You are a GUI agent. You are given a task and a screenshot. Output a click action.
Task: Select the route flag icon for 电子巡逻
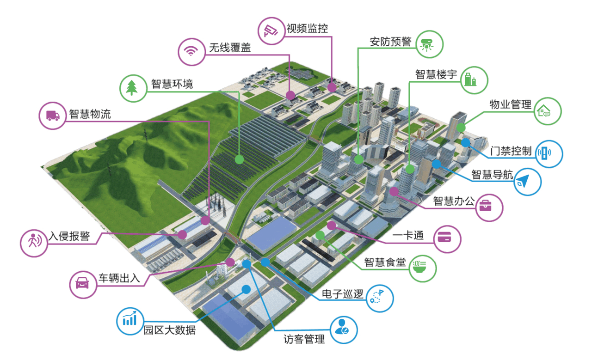(379, 298)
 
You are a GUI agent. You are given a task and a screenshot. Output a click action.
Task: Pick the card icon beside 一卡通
(448, 239)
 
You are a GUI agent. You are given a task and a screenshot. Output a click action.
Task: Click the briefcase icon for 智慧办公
(489, 207)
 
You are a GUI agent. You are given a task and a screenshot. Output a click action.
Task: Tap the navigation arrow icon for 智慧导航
(527, 181)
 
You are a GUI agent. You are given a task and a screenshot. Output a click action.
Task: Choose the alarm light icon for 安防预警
(430, 45)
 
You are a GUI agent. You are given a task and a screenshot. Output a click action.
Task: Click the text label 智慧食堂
(385, 262)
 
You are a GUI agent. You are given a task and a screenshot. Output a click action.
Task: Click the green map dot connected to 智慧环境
(239, 159)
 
